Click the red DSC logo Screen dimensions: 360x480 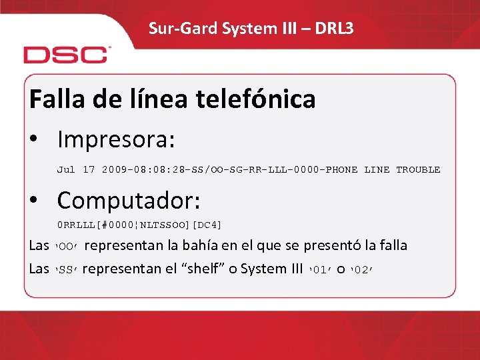(66, 55)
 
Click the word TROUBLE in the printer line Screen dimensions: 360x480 (418, 170)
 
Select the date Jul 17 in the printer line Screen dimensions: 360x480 (76, 170)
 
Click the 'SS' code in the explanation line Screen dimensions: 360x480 (65, 270)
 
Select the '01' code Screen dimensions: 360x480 (321, 270)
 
